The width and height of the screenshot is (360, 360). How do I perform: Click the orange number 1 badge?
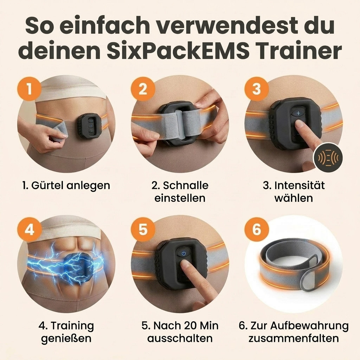click(29, 89)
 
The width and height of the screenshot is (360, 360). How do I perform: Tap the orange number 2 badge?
click(143, 89)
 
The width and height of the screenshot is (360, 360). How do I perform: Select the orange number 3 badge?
click(256, 89)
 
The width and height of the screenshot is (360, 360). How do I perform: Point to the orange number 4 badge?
click(29, 229)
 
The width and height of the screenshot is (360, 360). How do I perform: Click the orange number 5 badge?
click(143, 229)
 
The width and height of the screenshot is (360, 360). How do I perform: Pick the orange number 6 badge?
click(256, 229)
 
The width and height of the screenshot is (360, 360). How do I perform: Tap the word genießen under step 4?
click(66, 339)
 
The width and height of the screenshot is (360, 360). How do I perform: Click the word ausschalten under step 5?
click(180, 339)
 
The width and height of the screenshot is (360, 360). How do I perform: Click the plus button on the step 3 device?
click(298, 113)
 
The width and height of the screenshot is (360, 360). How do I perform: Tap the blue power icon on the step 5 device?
click(184, 253)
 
